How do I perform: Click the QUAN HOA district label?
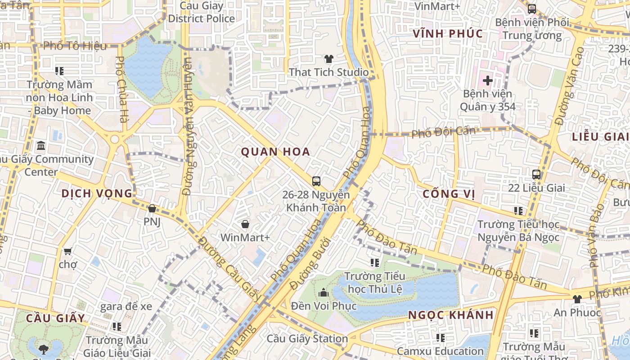[x=275, y=152]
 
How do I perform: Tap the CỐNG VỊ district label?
[x=449, y=194]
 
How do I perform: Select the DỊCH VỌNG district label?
[x=97, y=193]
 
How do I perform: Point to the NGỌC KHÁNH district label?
[x=451, y=315]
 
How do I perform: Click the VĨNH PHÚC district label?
[x=448, y=34]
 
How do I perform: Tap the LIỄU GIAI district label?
[x=600, y=137]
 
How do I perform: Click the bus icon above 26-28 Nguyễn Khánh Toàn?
[x=316, y=181]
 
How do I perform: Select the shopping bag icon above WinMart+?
[x=245, y=224]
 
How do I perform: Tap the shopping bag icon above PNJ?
[x=152, y=208]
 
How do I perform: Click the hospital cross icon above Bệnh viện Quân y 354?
[x=487, y=81]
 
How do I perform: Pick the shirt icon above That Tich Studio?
[x=329, y=59]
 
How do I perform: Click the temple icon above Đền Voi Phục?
[x=324, y=293]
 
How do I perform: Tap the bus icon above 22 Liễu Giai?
[x=536, y=175]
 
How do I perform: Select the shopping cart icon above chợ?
[x=67, y=251]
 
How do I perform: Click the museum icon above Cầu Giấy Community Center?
[x=41, y=146]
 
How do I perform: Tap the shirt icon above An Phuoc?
[x=577, y=299]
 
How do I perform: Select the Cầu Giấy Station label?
[x=307, y=338]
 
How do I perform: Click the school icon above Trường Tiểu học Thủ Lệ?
[x=375, y=263]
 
